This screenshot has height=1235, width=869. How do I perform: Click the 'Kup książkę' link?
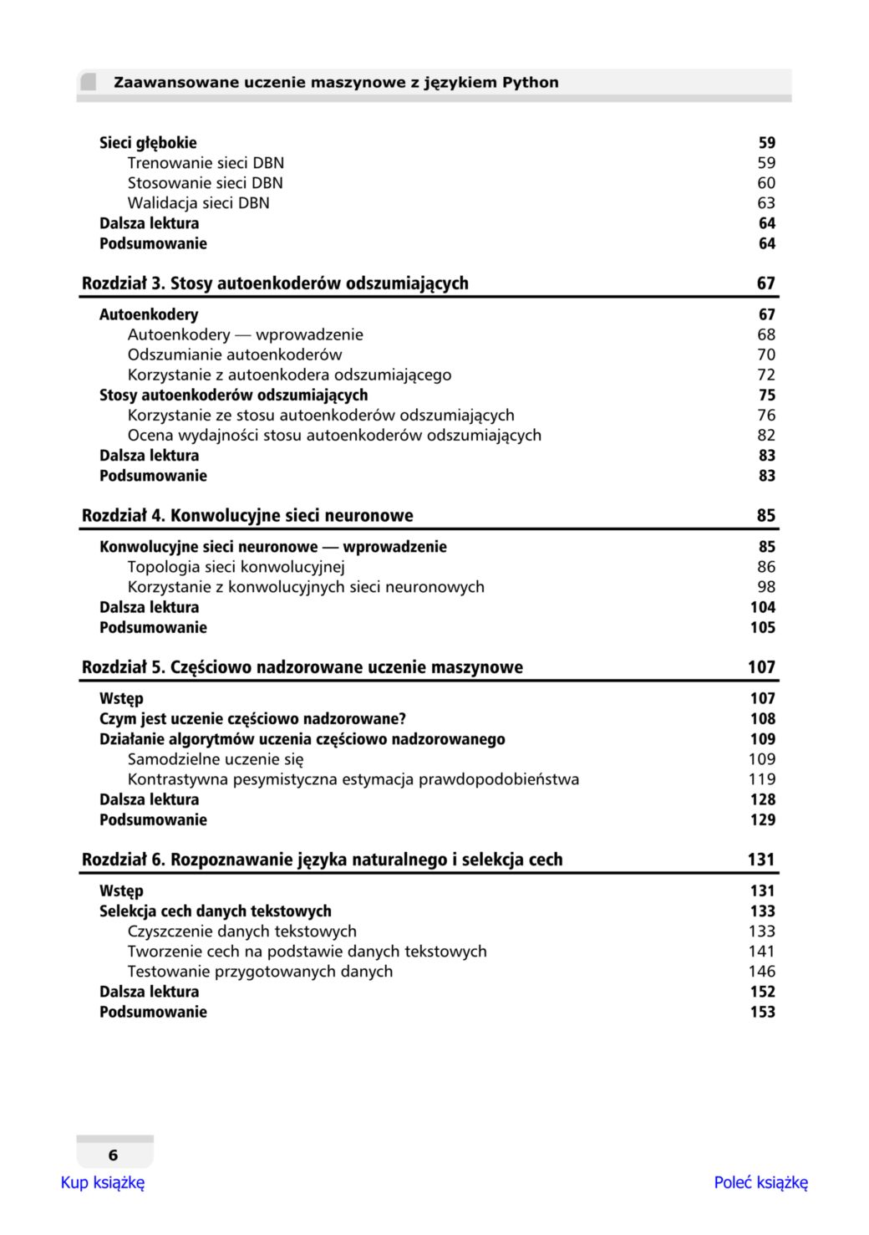tap(102, 1182)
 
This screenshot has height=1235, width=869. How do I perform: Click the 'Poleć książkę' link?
tap(760, 1182)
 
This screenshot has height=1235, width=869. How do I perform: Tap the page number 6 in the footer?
tap(113, 1156)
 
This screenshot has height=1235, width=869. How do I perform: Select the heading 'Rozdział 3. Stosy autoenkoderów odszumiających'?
tap(275, 283)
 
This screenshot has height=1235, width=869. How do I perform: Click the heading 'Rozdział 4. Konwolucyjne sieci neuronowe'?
tap(247, 516)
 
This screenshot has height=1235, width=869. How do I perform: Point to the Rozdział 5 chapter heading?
tap(302, 667)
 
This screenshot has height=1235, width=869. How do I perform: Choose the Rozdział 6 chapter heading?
tap(322, 860)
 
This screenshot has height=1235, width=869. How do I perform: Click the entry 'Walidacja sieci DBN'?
tap(198, 203)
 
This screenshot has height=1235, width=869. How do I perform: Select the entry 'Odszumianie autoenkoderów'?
tap(234, 355)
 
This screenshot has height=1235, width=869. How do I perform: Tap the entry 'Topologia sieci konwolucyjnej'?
tap(236, 567)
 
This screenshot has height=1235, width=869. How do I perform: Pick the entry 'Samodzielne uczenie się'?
tap(215, 759)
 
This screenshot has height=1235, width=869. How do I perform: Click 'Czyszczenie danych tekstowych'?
tap(241, 931)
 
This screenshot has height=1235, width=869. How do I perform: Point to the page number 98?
tap(766, 587)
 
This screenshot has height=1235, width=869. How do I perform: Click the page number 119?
tap(761, 779)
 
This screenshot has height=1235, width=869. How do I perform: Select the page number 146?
tap(761, 972)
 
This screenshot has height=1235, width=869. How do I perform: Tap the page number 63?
tap(766, 203)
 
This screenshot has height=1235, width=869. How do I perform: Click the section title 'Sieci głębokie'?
tap(148, 143)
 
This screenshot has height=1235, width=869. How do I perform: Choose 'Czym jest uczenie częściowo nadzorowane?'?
tap(252, 719)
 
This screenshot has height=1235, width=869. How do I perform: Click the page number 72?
tap(766, 375)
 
